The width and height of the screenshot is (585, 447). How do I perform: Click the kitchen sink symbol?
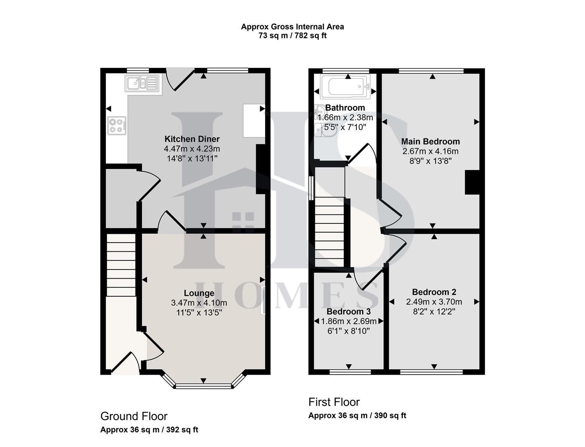point(142,83)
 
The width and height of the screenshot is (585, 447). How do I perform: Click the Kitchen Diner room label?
point(192,139)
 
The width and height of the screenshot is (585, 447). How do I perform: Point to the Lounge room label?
point(199,293)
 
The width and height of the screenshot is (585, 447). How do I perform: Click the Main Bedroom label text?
point(430,142)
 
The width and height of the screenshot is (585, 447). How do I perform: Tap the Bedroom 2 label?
point(434,292)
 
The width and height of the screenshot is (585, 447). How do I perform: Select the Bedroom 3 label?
point(348,312)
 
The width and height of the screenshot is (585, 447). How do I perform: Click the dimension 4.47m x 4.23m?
point(192,149)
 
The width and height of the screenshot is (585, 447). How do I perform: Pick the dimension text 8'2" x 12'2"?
point(434,311)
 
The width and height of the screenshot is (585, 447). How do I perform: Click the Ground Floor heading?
point(134,416)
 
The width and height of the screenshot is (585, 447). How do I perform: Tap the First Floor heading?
point(334,402)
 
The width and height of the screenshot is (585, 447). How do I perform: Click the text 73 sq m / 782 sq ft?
point(292,36)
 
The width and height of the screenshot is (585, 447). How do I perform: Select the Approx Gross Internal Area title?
point(292,26)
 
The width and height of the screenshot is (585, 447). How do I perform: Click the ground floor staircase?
point(121,265)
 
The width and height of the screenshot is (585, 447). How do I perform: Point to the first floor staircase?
point(330,232)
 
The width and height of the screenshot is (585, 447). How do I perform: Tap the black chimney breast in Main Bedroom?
point(472,182)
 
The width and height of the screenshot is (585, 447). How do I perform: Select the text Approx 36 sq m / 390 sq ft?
point(357,416)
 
